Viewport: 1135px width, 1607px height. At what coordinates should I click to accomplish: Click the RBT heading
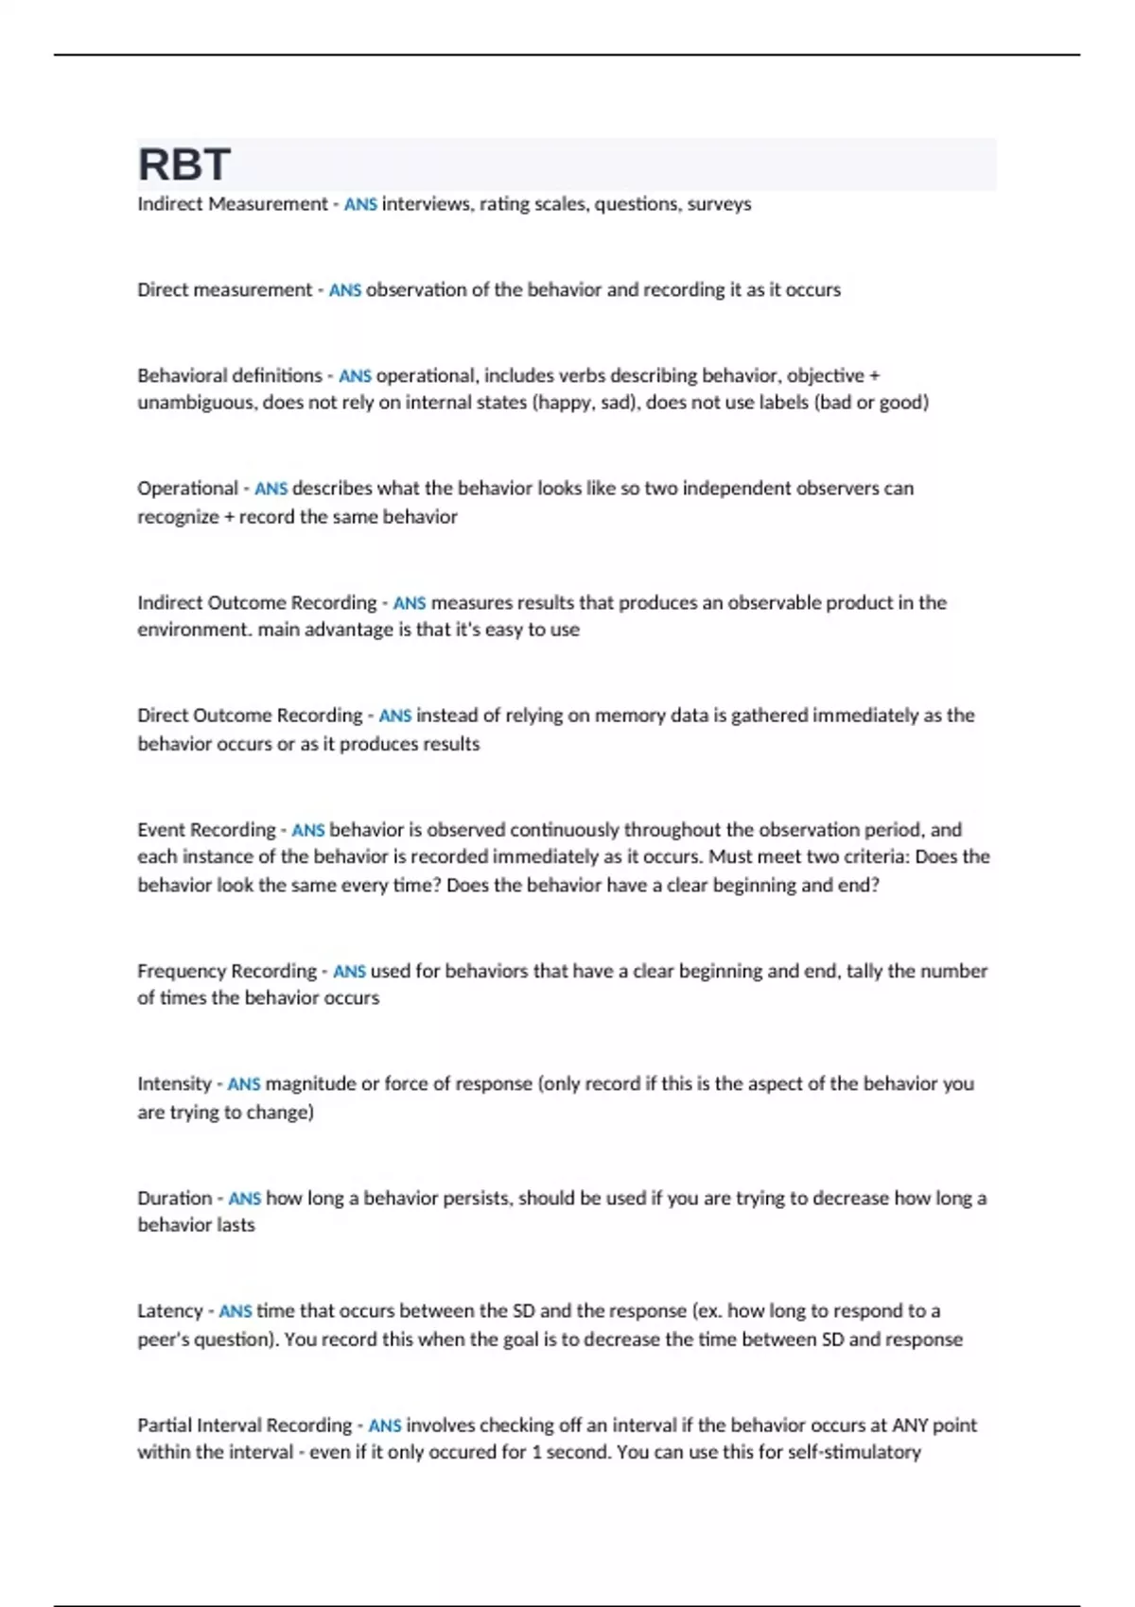click(184, 164)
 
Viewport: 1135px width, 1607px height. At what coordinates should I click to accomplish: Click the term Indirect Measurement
click(232, 204)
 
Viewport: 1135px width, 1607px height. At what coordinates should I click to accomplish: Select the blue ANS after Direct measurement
click(345, 290)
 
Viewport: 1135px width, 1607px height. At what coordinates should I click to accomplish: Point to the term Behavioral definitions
click(230, 375)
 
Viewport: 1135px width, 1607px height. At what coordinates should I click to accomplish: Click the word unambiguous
click(197, 403)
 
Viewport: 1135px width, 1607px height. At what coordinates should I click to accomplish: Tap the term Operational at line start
click(187, 489)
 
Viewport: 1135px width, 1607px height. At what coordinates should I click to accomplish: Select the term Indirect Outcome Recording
click(256, 603)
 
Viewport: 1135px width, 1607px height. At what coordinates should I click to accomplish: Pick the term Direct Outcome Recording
click(250, 716)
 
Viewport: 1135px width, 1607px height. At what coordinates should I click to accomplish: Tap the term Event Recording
click(206, 830)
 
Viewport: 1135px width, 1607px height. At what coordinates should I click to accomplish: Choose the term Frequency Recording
click(227, 971)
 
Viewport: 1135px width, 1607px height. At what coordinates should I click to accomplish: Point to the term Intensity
click(174, 1084)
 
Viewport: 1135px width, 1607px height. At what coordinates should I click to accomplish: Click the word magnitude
click(310, 1084)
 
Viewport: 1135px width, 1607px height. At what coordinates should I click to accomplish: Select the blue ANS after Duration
click(244, 1199)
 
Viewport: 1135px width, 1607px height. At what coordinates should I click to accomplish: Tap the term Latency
click(170, 1311)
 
